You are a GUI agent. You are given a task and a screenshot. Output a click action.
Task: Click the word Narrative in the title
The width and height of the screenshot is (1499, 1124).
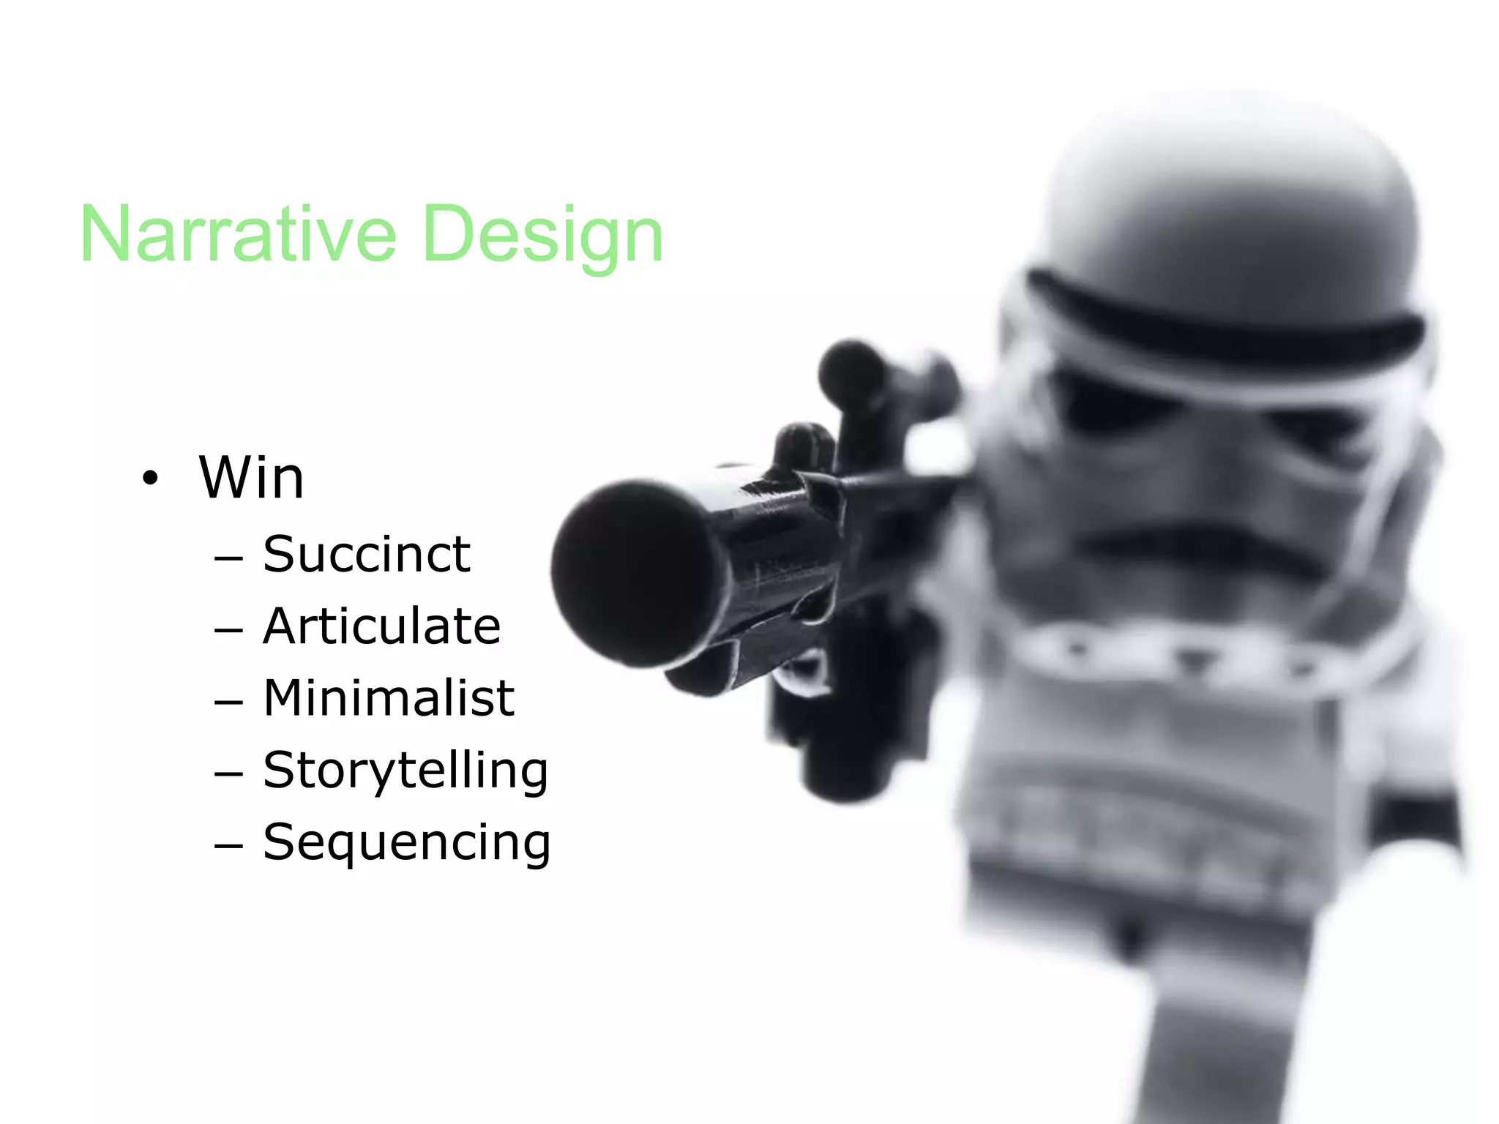(238, 234)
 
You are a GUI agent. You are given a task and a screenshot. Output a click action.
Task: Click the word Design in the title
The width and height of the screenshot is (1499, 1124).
(542, 236)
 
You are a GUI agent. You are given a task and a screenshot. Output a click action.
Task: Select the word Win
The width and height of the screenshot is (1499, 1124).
(251, 478)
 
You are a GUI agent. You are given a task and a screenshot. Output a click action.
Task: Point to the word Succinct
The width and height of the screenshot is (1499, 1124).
(366, 554)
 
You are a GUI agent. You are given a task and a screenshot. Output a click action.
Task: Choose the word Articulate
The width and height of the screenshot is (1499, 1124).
(381, 626)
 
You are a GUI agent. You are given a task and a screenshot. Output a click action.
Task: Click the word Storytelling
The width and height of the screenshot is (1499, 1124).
(405, 771)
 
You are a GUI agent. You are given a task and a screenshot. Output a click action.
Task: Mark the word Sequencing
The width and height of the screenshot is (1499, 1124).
(406, 842)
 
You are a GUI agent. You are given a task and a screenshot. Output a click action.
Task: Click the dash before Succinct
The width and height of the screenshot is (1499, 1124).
(228, 558)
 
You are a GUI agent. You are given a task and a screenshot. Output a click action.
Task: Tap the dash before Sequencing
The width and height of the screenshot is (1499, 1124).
(228, 846)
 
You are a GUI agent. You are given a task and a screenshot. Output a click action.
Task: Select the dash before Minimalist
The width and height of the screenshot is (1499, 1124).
(228, 702)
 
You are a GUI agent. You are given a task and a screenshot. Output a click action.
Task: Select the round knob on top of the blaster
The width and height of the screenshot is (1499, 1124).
(853, 373)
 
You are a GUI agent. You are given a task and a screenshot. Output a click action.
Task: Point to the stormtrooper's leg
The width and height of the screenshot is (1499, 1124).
(1215, 1039)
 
